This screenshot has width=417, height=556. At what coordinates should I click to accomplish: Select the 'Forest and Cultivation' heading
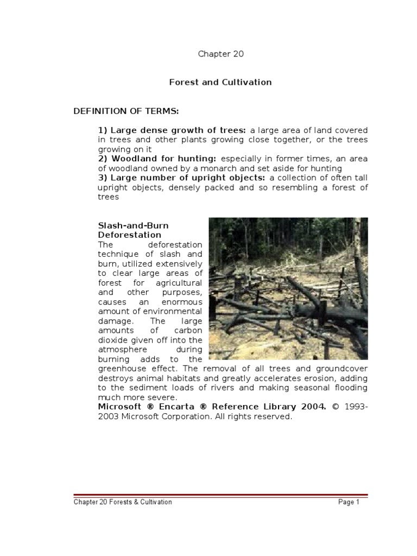click(220, 83)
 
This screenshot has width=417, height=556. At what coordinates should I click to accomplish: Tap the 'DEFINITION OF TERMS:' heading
click(126, 111)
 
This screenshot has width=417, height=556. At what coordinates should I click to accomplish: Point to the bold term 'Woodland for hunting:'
click(157, 159)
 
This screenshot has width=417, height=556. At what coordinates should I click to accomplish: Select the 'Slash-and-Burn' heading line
click(133, 225)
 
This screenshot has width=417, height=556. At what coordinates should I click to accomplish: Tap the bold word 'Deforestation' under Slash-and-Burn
click(129, 235)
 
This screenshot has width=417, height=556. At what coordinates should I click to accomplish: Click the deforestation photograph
click(288, 288)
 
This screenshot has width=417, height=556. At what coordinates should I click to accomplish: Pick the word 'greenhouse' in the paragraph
click(122, 369)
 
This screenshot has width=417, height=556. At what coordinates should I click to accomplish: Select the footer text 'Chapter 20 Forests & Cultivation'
click(123, 502)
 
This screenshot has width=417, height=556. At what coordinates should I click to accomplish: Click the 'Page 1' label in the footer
click(349, 502)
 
